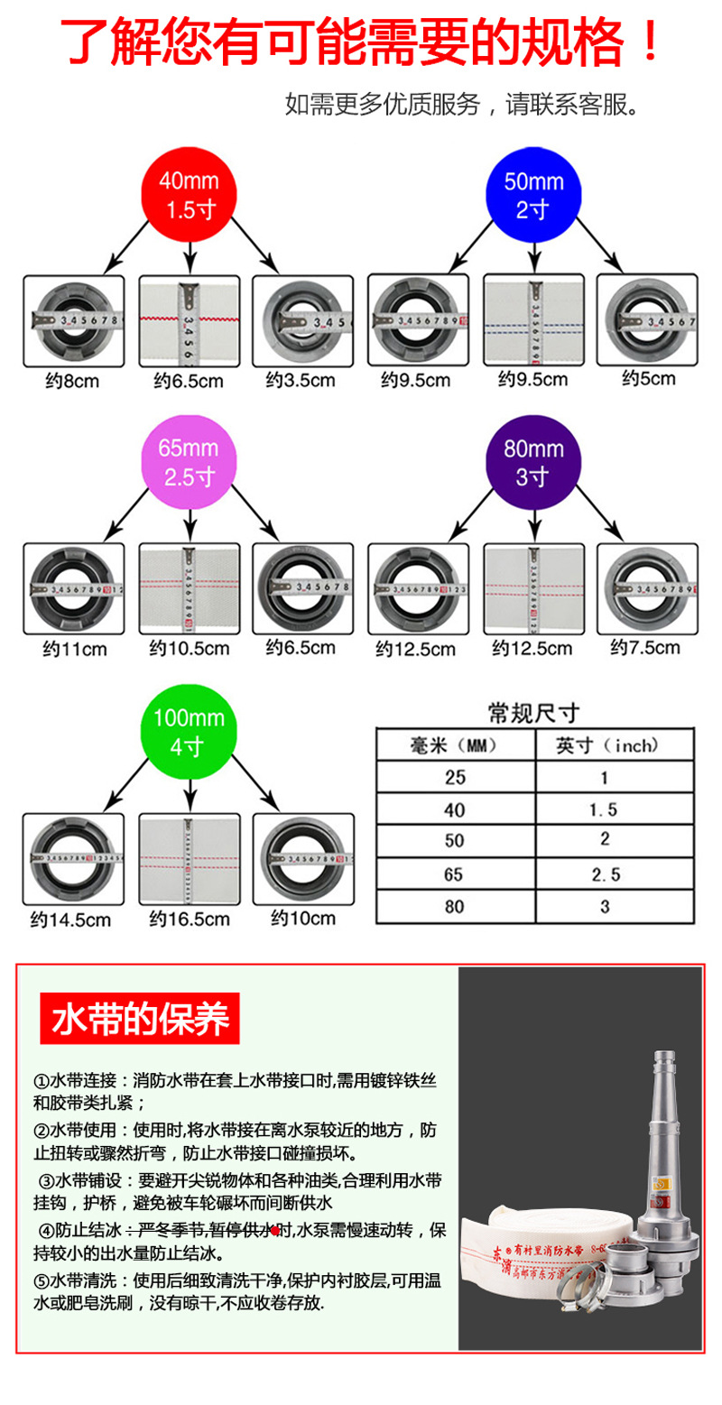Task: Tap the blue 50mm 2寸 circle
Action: click(x=533, y=195)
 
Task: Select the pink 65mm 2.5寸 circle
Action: click(x=189, y=462)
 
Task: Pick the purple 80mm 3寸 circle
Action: click(x=533, y=462)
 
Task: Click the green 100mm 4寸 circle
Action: click(x=189, y=733)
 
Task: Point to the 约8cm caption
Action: click(x=72, y=381)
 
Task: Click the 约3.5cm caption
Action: click(x=301, y=381)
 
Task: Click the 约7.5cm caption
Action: click(x=645, y=647)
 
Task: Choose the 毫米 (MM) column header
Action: click(x=453, y=745)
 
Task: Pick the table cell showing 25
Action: click(x=454, y=778)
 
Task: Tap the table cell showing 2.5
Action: click(x=605, y=874)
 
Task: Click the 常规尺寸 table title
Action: click(x=532, y=714)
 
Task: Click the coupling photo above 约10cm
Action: click(x=303, y=858)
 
